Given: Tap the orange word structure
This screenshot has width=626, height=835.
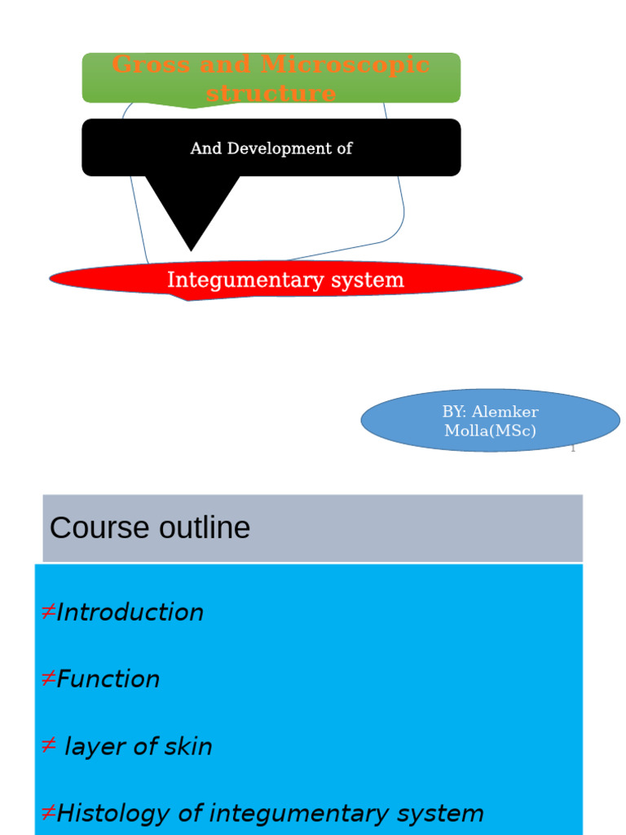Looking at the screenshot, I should [271, 93].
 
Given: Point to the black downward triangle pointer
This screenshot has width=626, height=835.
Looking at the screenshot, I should [192, 212].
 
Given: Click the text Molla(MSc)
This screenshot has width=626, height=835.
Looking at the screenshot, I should [490, 431].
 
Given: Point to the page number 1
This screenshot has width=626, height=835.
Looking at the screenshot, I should [572, 448].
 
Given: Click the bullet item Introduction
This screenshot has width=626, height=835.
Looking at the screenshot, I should [130, 612].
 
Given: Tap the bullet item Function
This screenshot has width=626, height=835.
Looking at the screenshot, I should [108, 679].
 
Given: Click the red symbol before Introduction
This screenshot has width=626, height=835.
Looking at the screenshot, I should [47, 612].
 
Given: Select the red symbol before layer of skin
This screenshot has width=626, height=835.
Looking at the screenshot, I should [47, 746].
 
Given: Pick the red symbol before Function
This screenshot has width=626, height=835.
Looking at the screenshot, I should [47, 679].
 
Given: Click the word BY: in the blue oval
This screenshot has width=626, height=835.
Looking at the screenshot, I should [454, 412].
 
